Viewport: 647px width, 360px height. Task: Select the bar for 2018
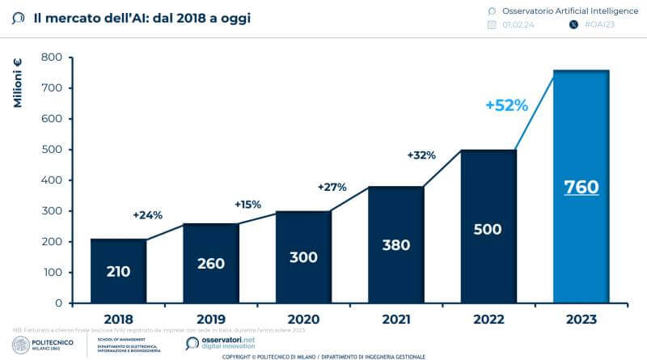(118, 271)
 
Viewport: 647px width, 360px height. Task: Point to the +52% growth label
(506, 105)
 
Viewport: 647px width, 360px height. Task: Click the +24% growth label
(147, 215)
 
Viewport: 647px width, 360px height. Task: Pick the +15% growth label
(247, 205)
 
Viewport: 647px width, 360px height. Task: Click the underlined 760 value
(581, 188)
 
